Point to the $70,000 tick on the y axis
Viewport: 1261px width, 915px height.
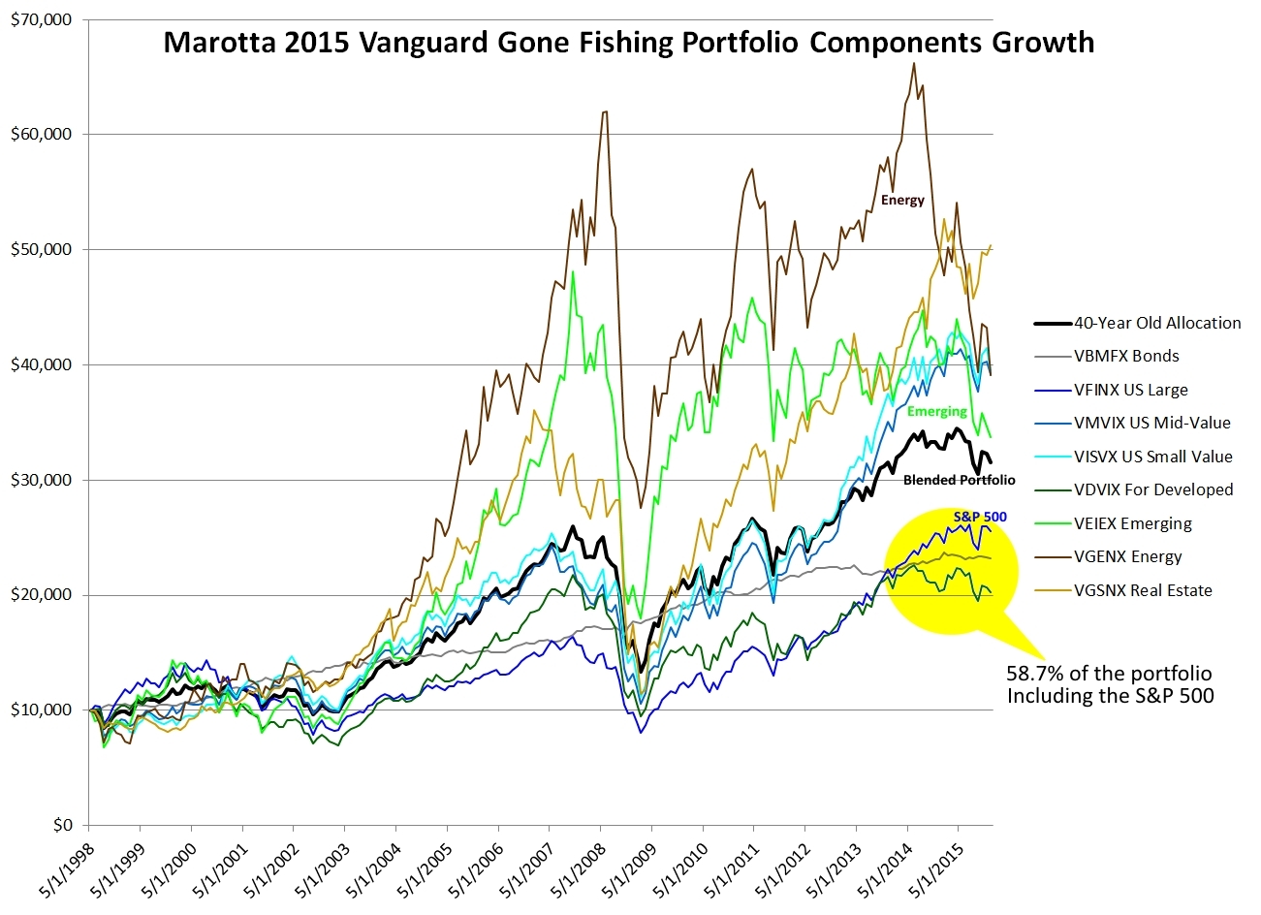(41, 19)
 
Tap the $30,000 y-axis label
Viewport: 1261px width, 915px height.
(41, 480)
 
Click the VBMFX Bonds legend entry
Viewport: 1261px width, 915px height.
(1126, 356)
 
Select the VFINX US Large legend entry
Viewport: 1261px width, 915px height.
(1130, 390)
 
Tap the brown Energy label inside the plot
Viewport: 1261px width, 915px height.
(902, 201)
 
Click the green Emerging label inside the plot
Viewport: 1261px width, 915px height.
(937, 411)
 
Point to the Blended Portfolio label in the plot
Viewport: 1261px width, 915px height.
(959, 480)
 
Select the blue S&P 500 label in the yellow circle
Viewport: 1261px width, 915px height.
(979, 517)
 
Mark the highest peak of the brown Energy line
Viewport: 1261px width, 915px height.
(914, 63)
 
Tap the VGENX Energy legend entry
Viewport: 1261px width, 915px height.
(1128, 556)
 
